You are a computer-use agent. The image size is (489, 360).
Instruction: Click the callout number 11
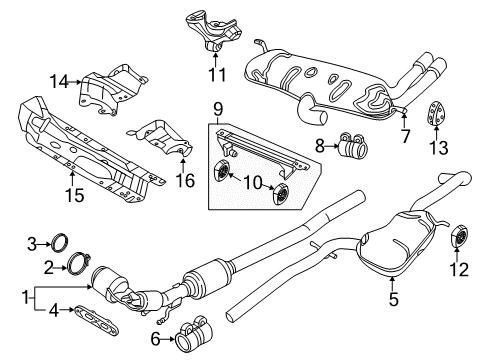point(217,74)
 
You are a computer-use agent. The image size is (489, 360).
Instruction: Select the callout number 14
point(59,81)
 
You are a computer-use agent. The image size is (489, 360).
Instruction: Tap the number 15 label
point(74,195)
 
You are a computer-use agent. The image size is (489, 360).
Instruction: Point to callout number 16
point(185,180)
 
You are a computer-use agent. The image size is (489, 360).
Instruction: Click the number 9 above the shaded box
point(218,110)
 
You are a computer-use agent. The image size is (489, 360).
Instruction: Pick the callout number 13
point(438,147)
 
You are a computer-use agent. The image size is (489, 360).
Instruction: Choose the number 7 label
point(405,136)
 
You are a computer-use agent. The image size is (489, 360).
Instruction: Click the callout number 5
point(394,299)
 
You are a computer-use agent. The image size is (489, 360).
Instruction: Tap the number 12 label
point(459,269)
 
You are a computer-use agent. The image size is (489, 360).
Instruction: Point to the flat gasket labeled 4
point(97,321)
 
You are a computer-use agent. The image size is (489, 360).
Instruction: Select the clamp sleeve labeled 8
point(351,144)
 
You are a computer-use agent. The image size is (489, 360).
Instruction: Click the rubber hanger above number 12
point(459,236)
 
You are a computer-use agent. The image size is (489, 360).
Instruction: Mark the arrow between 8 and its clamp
point(332,146)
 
